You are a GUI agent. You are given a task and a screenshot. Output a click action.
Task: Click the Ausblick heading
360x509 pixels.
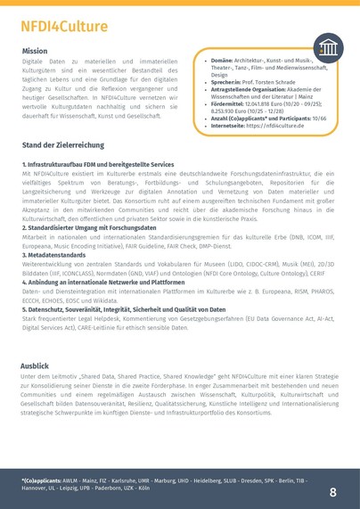36,365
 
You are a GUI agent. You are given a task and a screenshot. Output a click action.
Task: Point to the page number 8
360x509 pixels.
333,491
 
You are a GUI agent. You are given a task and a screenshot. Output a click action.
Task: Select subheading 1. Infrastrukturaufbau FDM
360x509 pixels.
98,165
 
